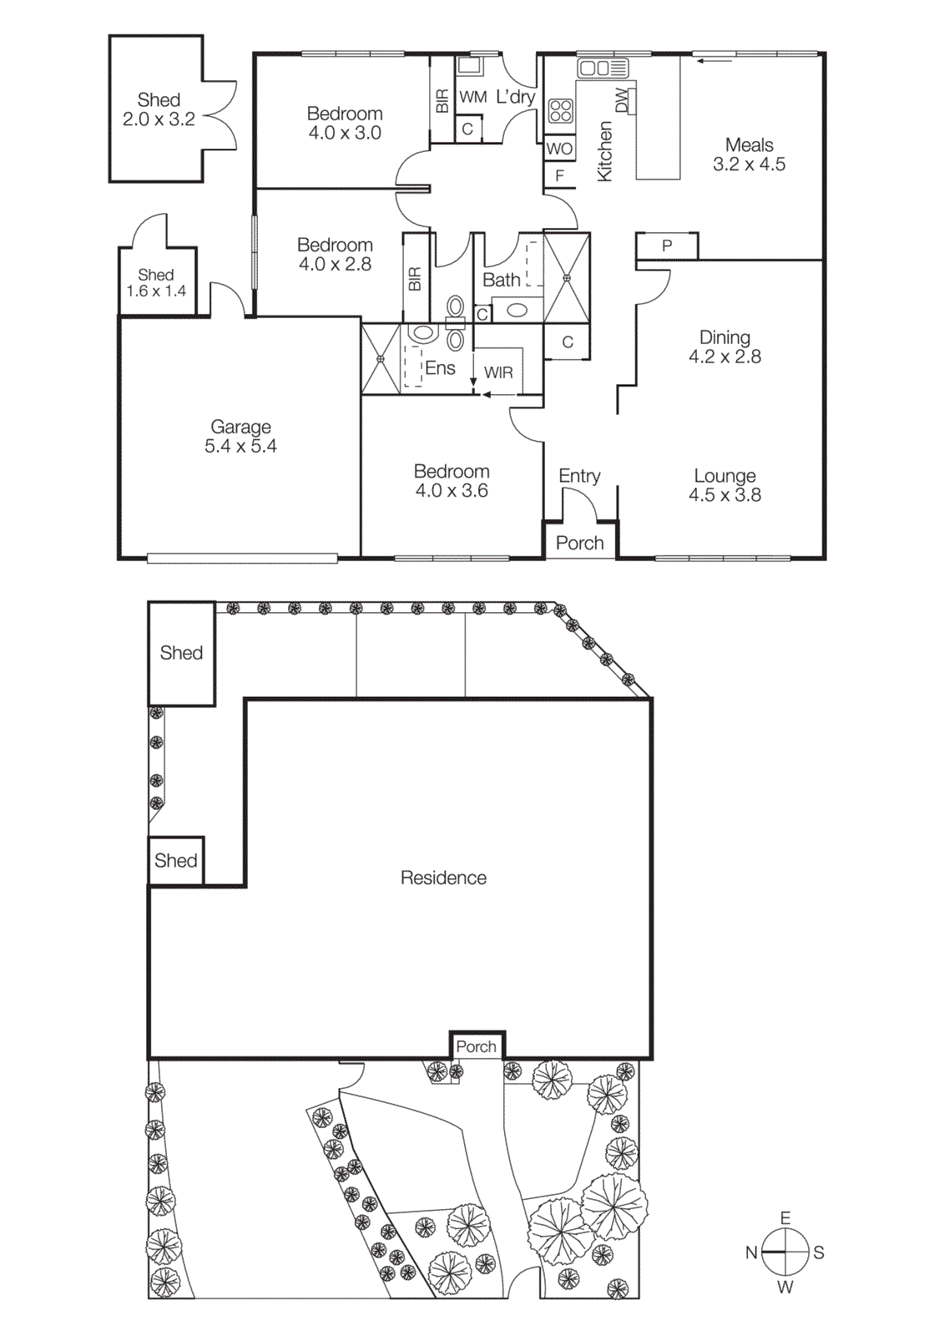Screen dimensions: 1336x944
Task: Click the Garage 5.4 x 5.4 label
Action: click(x=240, y=437)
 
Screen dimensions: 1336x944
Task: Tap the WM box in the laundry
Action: click(x=472, y=97)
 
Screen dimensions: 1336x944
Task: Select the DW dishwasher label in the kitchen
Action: click(x=621, y=100)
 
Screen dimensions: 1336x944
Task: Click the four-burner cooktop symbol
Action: click(x=560, y=110)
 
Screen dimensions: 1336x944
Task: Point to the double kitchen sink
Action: click(x=602, y=68)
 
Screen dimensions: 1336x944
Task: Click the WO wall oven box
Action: click(x=559, y=149)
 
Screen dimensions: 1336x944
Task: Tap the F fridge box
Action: click(x=559, y=175)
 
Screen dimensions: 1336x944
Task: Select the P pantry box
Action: click(x=666, y=245)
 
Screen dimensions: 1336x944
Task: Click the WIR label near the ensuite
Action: click(x=498, y=372)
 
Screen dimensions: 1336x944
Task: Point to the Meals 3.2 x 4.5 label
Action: click(x=749, y=154)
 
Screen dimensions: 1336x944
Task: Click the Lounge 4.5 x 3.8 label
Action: click(x=724, y=485)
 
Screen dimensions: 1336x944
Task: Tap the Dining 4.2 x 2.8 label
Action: click(x=724, y=347)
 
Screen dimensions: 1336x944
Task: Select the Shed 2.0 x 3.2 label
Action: click(x=159, y=109)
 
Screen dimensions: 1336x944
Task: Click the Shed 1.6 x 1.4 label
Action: click(x=156, y=283)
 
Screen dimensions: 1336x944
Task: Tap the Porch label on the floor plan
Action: click(x=579, y=543)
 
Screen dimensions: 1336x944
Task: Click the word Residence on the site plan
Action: click(x=443, y=878)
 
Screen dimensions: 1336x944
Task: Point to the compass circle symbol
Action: click(x=785, y=1252)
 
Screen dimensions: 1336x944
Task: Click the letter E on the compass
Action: click(x=785, y=1218)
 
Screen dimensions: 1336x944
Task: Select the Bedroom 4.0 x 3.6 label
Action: click(x=452, y=481)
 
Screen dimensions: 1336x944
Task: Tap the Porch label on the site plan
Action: click(x=476, y=1046)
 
